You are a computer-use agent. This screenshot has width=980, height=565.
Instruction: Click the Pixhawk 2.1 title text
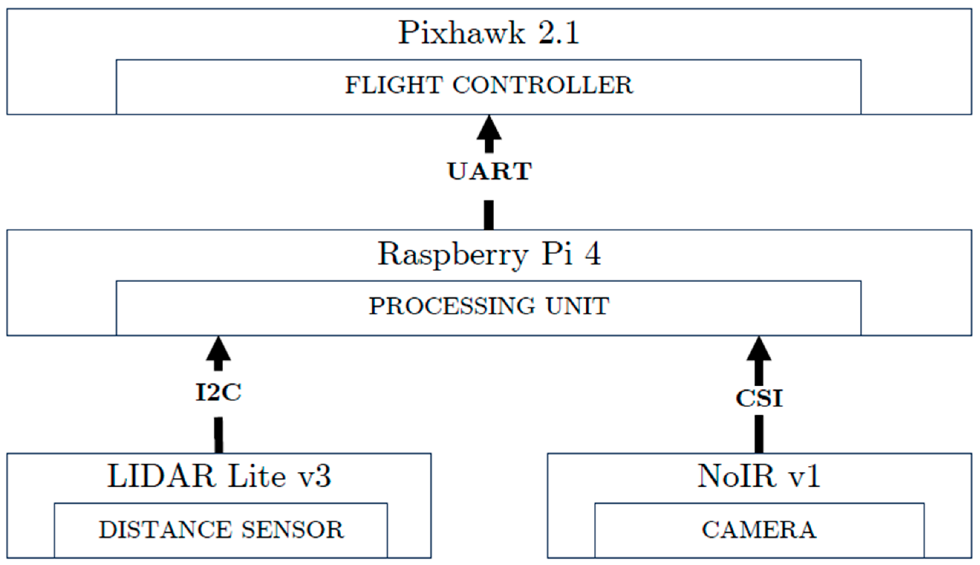pos(489,33)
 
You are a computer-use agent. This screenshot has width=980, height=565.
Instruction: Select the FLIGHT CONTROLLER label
pos(489,85)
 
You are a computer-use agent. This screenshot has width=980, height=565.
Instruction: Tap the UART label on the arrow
pos(489,171)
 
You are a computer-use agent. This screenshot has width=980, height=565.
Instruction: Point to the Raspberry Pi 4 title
pos(489,254)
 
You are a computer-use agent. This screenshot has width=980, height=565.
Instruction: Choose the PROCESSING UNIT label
pos(489,306)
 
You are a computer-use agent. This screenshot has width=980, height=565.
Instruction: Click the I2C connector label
pos(218,392)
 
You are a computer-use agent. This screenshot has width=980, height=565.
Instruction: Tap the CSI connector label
pos(759,398)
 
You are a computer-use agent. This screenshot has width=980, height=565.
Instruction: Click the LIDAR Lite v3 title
pos(219,476)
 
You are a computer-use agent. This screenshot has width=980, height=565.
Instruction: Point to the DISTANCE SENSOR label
pos(221,530)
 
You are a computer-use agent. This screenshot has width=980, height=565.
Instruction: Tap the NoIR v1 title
pos(759,476)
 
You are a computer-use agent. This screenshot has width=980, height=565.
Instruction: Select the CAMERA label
pos(759,530)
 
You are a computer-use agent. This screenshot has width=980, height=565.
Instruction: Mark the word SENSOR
pos(292,530)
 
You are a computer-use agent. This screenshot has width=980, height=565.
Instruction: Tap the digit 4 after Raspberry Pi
pos(592,254)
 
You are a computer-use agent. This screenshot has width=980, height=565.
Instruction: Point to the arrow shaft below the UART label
pos(489,215)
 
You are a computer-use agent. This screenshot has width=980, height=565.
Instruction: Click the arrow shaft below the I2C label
pos(219,435)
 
